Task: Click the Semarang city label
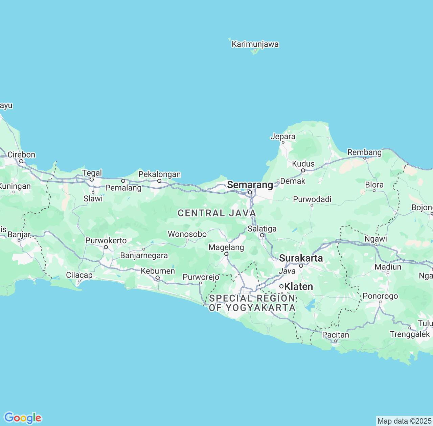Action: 250,185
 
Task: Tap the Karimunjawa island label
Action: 255,44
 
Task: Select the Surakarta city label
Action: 301,258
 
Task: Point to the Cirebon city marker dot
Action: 21,161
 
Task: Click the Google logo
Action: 23,418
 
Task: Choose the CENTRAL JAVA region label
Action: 217,213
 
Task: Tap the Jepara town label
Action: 283,137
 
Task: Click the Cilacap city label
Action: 79,275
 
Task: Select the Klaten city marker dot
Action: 281,286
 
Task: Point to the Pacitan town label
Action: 336,335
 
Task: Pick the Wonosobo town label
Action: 187,234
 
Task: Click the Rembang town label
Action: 364,152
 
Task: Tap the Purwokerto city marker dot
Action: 106,247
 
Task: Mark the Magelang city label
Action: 226,247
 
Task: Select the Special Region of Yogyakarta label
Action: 252,303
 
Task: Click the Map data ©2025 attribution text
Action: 404,421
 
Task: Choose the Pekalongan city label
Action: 160,174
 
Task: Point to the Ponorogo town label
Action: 380,296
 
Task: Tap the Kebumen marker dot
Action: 158,278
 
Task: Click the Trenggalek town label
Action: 410,334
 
